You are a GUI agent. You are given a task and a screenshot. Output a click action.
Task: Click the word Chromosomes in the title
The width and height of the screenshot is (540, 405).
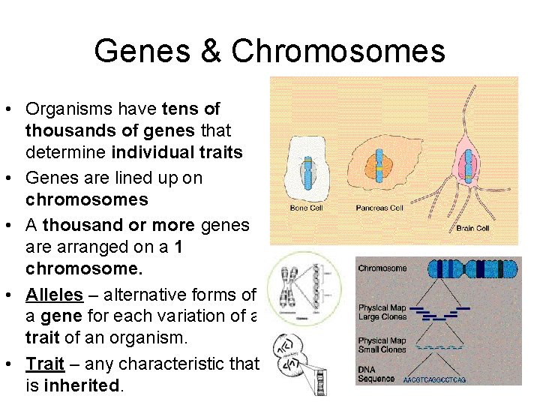338,51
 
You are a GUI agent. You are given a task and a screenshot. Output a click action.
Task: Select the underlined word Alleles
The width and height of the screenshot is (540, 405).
54,295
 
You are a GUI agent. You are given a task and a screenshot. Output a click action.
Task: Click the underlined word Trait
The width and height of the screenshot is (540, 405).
45,364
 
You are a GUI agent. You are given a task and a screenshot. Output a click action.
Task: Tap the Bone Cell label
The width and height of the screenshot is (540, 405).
306,208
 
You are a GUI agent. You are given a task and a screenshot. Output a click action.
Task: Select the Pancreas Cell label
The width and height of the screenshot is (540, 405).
380,208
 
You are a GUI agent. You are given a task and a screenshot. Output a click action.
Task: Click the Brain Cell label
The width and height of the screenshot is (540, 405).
472,227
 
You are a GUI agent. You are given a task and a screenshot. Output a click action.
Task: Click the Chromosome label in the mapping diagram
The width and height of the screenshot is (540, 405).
382,268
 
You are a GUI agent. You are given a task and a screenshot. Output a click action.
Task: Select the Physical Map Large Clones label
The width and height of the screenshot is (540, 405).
382,312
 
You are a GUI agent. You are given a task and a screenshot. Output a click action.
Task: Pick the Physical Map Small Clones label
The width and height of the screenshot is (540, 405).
382,346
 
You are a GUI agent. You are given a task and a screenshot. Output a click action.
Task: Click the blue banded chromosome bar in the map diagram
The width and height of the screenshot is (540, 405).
470,270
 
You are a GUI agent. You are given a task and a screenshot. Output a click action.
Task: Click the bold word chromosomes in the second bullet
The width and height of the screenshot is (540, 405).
87,200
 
